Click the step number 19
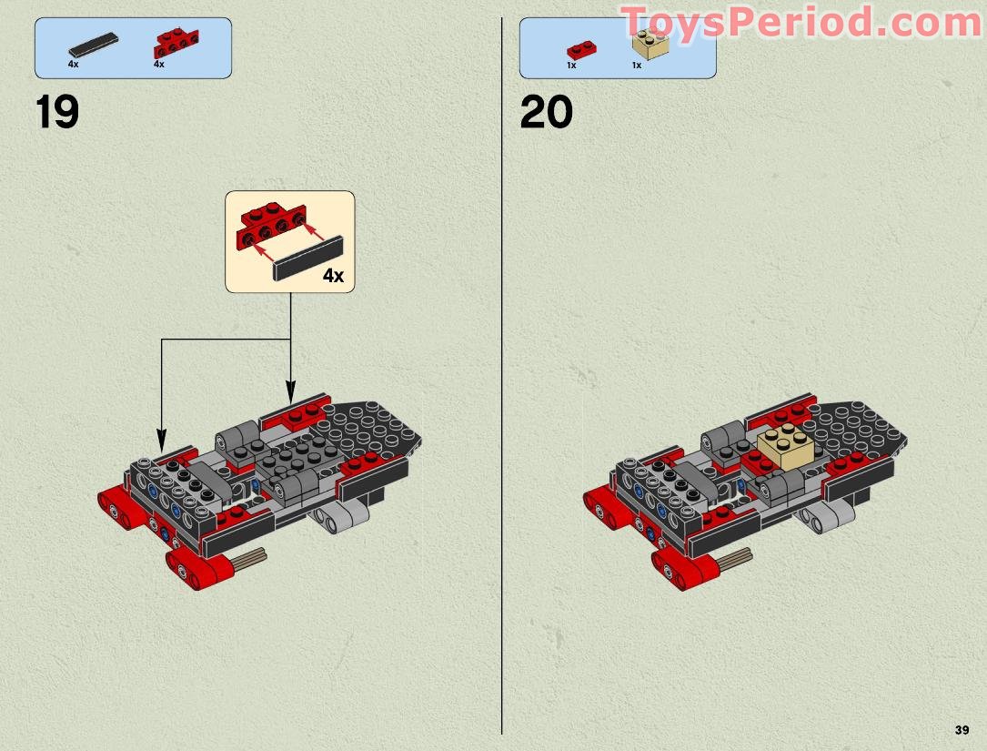pos(57,114)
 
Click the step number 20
pos(546,114)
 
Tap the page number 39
pos(962,730)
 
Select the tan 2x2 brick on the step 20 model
pos(785,448)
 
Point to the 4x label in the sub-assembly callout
pos(333,276)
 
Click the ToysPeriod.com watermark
pos(801,23)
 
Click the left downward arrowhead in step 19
pos(162,434)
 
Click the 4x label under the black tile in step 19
pos(73,65)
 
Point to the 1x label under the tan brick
pos(637,66)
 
